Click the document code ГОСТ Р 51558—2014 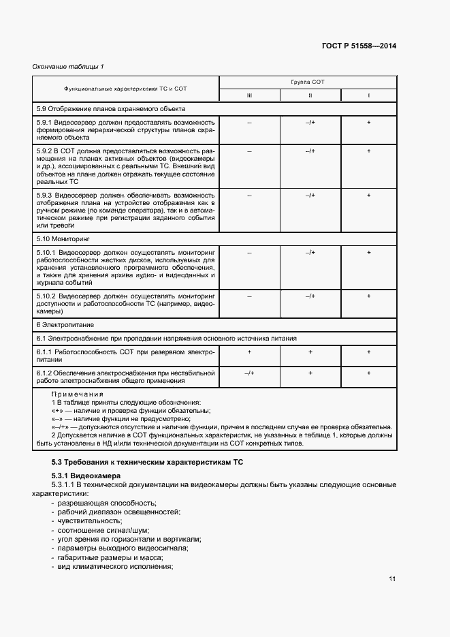tap(359, 46)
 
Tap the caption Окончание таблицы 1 tap(67, 66)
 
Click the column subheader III tap(249, 95)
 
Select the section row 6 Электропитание tap(65, 326)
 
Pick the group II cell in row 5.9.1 tap(310, 122)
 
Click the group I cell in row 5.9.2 tap(368, 151)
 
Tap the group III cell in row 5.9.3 tap(249, 196)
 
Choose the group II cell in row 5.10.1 tap(310, 253)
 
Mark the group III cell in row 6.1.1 tap(249, 352)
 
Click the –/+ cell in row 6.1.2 tap(249, 373)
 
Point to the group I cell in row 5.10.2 tap(368, 296)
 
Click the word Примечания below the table tap(78, 394)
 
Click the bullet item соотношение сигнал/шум tap(103, 530)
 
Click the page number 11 tap(392, 579)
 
